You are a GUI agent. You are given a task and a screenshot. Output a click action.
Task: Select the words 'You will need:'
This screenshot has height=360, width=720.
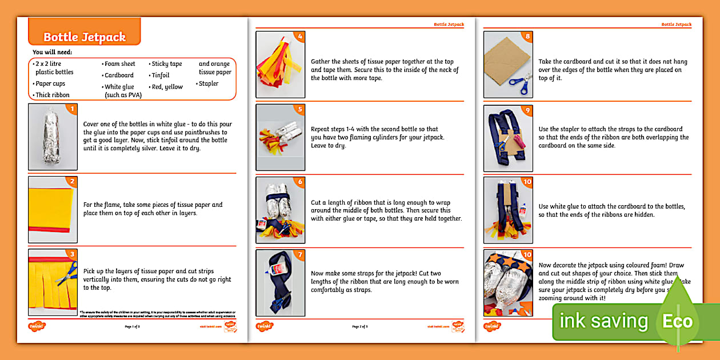click(53, 53)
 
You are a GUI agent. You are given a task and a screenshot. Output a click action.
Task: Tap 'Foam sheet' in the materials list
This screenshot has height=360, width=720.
click(119, 64)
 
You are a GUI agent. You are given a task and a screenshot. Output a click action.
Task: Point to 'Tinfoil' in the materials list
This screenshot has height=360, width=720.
click(160, 75)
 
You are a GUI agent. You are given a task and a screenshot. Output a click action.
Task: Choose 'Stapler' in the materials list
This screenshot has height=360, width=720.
click(208, 83)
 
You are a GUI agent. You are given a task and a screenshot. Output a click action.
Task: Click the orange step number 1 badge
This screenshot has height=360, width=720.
click(71, 109)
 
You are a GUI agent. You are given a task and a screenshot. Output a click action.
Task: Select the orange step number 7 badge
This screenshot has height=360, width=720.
click(300, 255)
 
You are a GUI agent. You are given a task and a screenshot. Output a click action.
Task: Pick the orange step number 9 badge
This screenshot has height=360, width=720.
click(527, 110)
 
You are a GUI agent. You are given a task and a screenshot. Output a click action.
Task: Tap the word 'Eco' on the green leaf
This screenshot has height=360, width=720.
click(677, 321)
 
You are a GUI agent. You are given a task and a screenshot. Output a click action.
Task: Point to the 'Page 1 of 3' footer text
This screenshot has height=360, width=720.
click(132, 327)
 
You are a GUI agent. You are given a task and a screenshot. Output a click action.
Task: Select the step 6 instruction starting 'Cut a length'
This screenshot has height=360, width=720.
click(386, 211)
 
